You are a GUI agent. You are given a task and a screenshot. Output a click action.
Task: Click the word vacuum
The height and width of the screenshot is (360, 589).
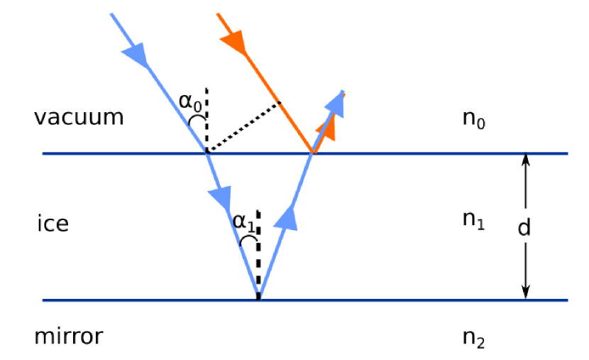pyautogui.click(x=79, y=117)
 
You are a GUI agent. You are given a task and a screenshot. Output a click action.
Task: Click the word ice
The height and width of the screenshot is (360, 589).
pyautogui.click(x=53, y=224)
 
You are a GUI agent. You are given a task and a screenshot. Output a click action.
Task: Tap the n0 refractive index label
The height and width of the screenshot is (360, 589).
pyautogui.click(x=473, y=119)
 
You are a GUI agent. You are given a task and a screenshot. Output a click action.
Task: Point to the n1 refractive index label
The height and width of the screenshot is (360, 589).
pyautogui.click(x=473, y=221)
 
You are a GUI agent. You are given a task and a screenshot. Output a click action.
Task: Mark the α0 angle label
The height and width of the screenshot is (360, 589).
pyautogui.click(x=189, y=103)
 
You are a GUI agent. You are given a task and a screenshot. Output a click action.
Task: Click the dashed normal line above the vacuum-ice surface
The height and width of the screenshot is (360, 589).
pyautogui.click(x=207, y=121)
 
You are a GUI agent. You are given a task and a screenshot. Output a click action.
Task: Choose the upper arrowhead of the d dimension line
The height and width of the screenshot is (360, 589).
pyautogui.click(x=525, y=160)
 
